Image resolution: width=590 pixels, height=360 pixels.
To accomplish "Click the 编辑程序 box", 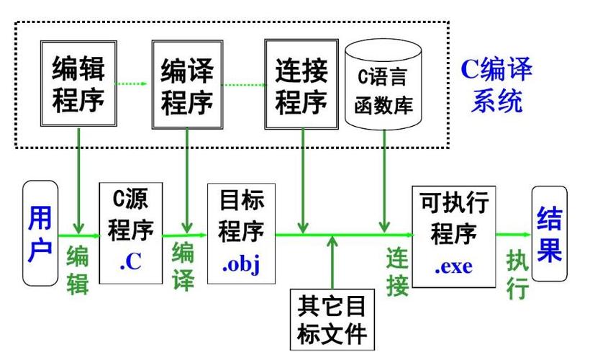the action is point(78,84).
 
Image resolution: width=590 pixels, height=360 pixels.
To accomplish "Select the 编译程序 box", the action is point(187,85).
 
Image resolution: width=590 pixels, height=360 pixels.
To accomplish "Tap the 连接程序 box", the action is point(301,84).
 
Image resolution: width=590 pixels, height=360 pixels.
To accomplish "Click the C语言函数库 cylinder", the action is point(383,84).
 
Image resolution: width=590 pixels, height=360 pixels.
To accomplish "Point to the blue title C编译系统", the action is point(496,85).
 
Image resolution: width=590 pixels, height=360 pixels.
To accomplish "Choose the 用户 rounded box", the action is point(40,233).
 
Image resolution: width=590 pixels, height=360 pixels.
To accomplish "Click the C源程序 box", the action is point(131,233).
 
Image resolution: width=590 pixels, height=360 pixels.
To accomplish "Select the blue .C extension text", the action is point(131,261).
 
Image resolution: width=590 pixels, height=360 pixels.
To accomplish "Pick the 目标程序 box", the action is point(241,233).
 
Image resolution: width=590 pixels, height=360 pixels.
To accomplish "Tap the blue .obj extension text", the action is point(241,264).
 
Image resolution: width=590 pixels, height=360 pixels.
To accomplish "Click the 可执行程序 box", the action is point(454,236).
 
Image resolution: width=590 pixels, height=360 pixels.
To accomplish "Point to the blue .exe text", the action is point(454,266).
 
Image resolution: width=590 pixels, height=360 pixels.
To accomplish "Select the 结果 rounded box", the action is point(550,233).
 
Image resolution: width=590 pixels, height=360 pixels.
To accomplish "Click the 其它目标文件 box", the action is point(332,320).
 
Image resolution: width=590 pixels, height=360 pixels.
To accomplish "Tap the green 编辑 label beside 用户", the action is point(78,269).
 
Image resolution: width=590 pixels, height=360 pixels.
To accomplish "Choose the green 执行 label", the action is point(517,274).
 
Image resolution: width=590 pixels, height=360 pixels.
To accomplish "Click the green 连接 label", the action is point(397,271).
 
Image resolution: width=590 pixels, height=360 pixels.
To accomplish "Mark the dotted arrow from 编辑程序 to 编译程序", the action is point(130,84).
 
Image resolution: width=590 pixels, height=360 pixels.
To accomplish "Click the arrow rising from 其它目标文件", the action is point(332,263).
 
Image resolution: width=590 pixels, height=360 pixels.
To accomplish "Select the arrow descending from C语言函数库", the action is point(384,181).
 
